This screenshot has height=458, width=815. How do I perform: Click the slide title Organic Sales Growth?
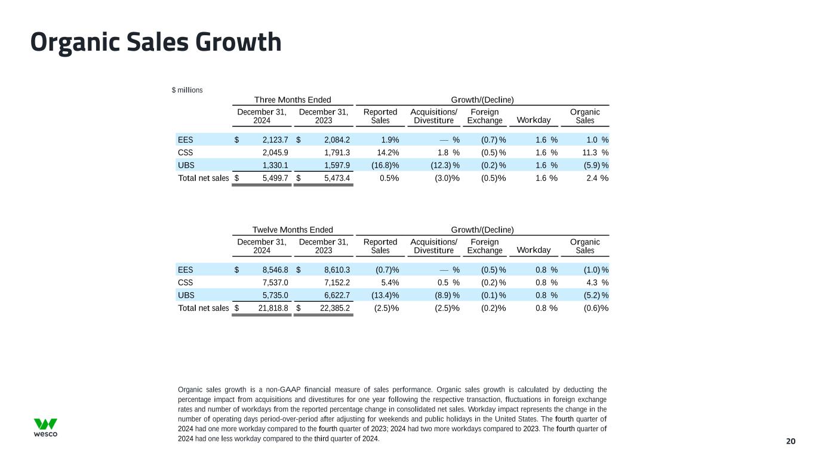click(x=156, y=42)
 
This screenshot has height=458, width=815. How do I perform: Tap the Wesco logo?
click(x=45, y=428)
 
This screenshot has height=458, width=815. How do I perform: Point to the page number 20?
click(x=791, y=441)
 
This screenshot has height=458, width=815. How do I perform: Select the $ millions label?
click(x=187, y=90)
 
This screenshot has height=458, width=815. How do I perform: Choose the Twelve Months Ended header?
click(x=293, y=230)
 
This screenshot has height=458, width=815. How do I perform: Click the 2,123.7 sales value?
click(x=275, y=140)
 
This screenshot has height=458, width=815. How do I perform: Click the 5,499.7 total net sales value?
click(x=275, y=178)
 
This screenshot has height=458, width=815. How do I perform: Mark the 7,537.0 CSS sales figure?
click(x=275, y=282)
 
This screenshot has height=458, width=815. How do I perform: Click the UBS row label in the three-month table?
click(x=186, y=165)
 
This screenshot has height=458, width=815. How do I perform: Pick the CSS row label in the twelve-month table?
click(x=186, y=282)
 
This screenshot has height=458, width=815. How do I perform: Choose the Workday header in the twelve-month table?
click(x=533, y=250)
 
